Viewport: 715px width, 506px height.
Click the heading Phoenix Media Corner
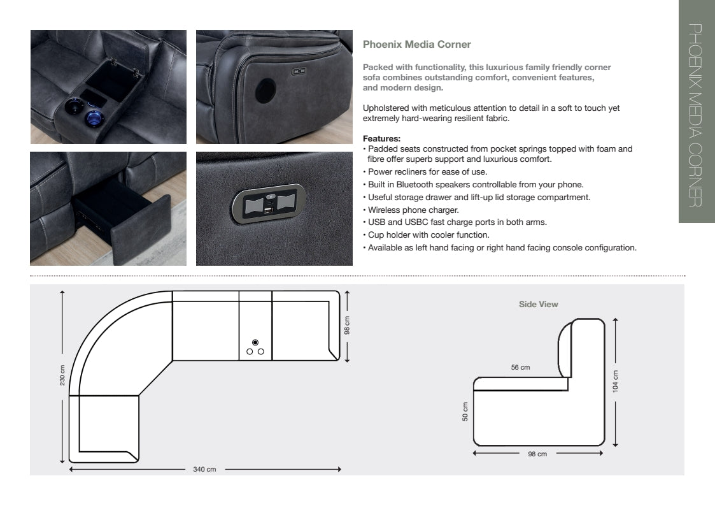[x=416, y=45]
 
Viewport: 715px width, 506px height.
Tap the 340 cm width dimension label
[x=204, y=470]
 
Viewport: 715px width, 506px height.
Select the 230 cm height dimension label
[x=62, y=376]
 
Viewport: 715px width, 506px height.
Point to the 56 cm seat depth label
[x=520, y=368]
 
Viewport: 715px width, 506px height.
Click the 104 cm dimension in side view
[x=616, y=381]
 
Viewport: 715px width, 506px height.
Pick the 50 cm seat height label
[x=465, y=412]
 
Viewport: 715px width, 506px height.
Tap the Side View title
[x=538, y=305]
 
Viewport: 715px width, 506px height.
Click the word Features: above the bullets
[x=381, y=138]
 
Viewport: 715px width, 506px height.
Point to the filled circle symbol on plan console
[x=255, y=342]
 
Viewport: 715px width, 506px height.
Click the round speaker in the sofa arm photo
[x=265, y=91]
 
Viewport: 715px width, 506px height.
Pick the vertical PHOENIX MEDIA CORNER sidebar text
[x=696, y=115]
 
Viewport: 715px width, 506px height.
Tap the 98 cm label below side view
[x=537, y=454]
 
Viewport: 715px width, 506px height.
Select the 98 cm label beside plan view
[x=347, y=325]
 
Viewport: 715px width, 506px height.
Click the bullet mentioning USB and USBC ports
[x=457, y=222]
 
